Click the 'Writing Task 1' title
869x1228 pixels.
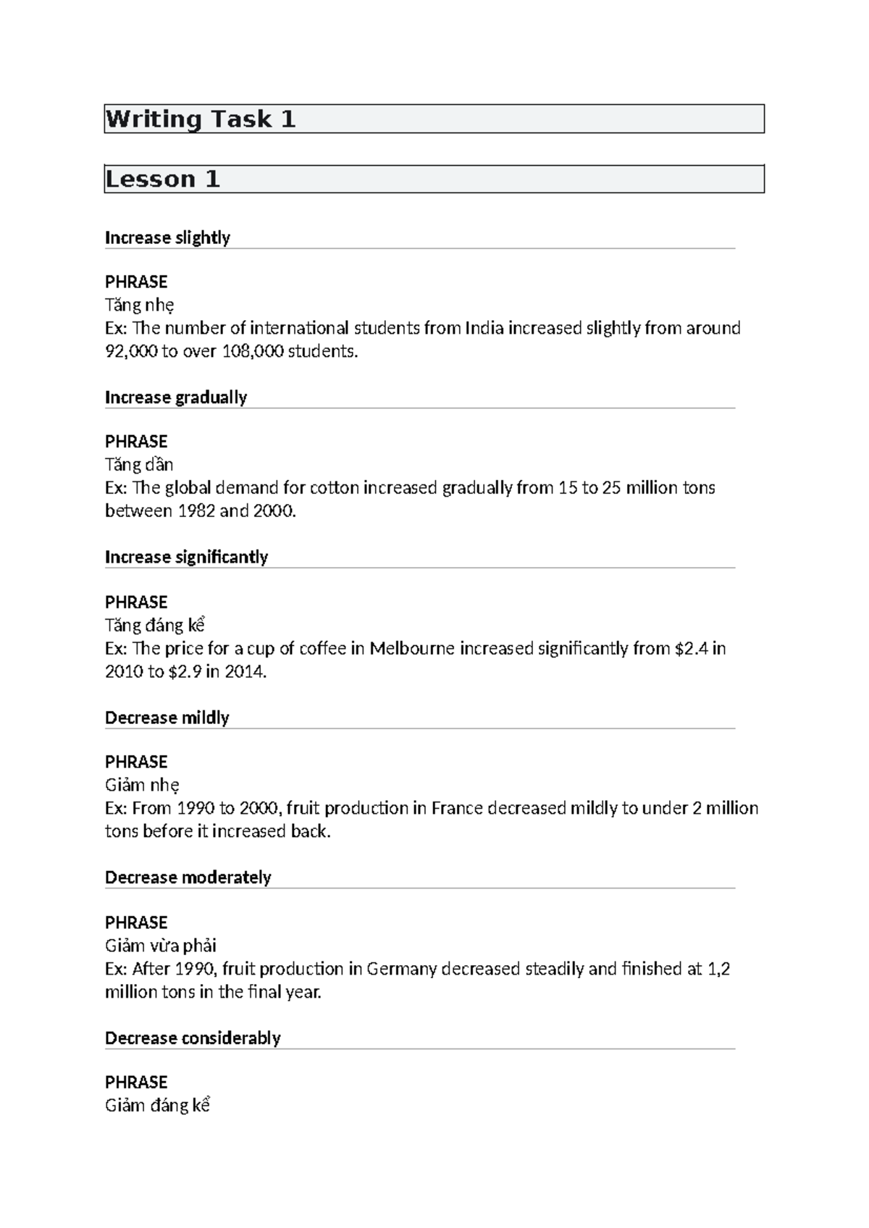[201, 119]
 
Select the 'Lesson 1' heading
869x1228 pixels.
[162, 180]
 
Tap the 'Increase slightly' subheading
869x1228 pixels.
[167, 238]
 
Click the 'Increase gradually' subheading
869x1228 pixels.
[176, 398]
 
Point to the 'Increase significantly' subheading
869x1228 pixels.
[186, 558]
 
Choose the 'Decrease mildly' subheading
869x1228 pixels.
[167, 718]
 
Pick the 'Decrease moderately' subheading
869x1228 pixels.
[188, 878]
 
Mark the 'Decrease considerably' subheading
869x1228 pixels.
[193, 1038]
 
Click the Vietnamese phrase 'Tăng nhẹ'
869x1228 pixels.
[139, 305]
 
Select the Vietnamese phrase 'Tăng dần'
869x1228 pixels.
[139, 465]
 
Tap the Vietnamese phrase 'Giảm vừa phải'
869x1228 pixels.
[161, 946]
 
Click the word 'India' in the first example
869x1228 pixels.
[484, 329]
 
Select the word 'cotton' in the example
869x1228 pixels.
[335, 488]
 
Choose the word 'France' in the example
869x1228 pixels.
[457, 809]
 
